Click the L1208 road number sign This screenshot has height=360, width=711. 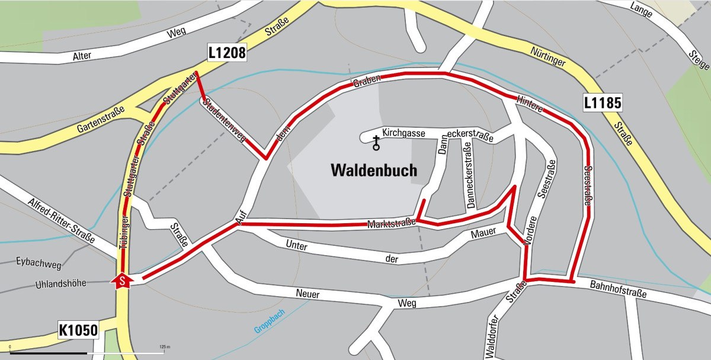pos(227,53)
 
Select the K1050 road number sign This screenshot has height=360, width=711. pos(78,329)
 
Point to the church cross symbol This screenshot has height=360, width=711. pos(376,143)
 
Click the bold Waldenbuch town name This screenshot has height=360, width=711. pos(374,171)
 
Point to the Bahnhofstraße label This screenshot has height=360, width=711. pos(618,290)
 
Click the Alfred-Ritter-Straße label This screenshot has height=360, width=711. pos(61,220)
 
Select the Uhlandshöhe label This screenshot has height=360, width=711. pos(43,283)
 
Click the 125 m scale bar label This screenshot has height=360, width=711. pos(164,346)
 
